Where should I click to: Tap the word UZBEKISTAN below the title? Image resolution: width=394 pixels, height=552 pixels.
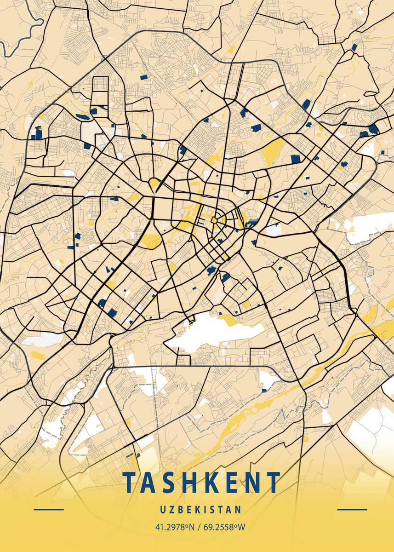(201, 510)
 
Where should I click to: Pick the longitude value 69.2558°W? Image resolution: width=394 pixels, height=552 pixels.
(223, 527)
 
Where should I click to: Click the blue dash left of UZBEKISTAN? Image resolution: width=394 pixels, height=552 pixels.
(49, 510)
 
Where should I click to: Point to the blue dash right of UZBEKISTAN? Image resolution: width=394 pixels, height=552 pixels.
(352, 510)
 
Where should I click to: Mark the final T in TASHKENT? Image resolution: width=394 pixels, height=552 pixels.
(273, 483)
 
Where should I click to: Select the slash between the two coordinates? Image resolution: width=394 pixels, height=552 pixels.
(199, 527)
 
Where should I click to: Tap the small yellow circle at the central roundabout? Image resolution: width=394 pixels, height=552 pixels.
(214, 221)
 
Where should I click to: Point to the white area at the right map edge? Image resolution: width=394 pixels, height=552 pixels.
(370, 225)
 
